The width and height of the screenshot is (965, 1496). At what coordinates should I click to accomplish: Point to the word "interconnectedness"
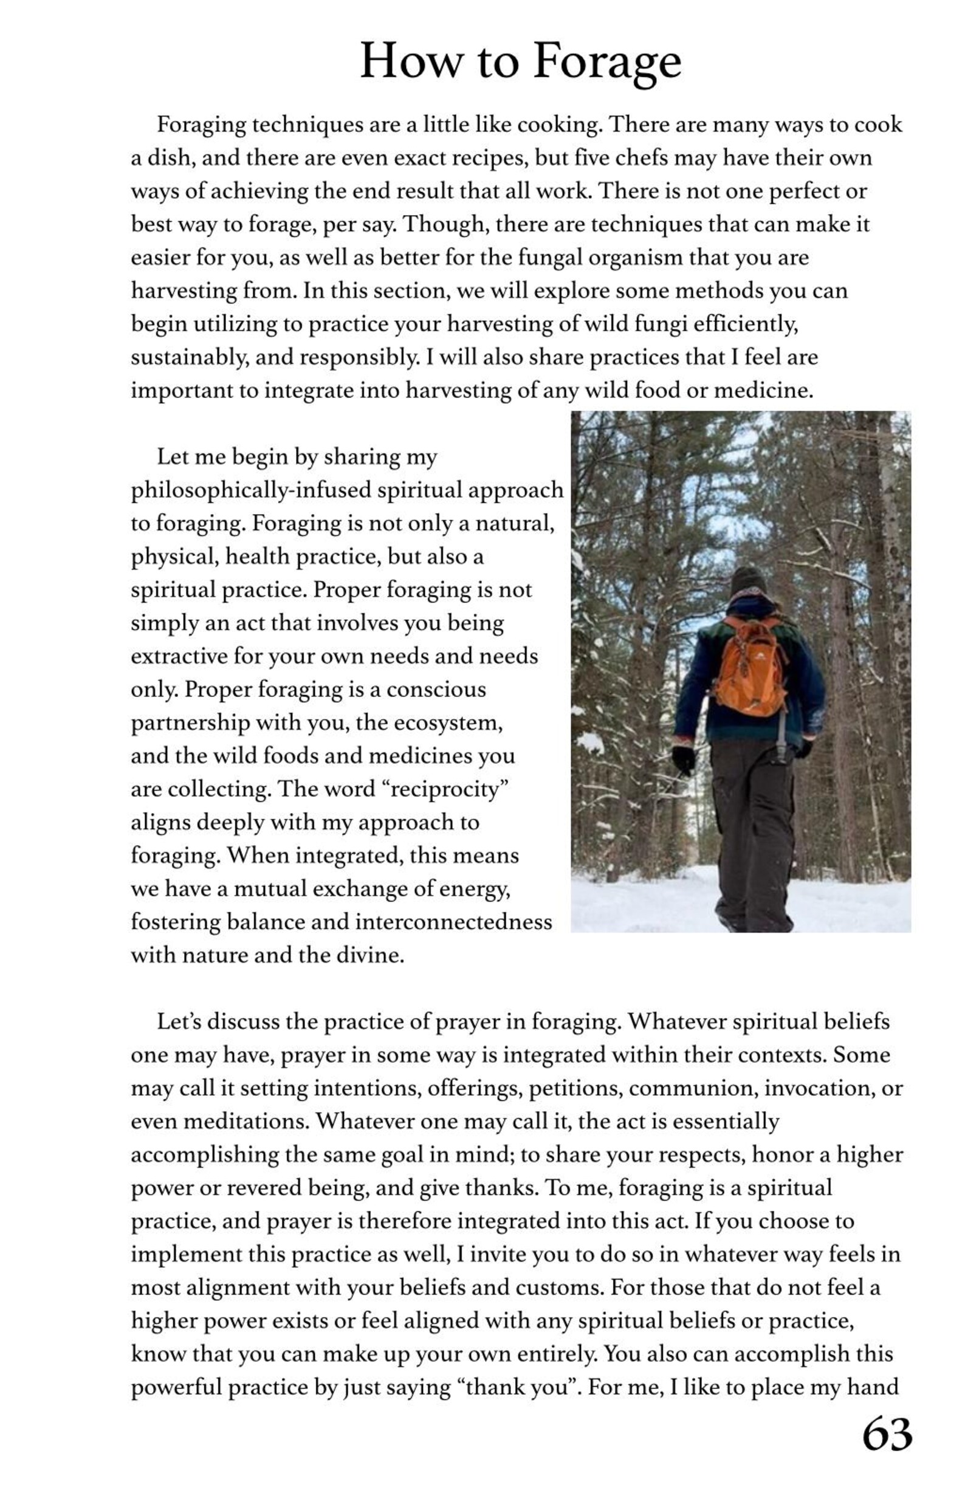pos(453,922)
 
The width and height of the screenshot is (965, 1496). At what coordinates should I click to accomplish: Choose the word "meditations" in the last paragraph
pos(245,1120)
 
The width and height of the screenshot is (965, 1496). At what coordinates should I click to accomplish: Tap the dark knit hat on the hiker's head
pos(747,580)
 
